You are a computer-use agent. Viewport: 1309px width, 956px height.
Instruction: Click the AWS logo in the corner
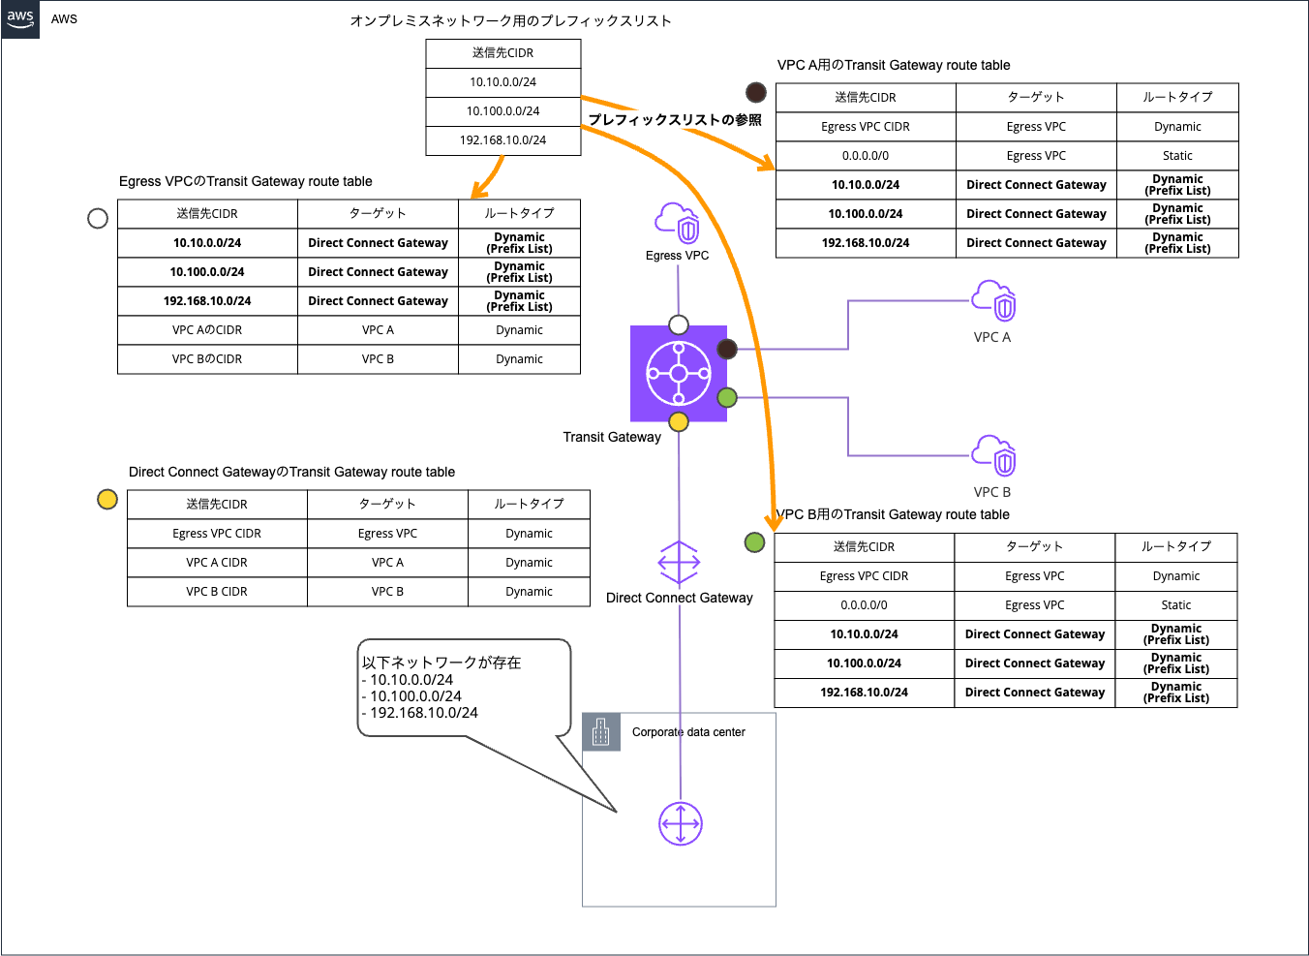point(20,19)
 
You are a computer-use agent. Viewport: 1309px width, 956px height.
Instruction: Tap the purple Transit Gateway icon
point(679,374)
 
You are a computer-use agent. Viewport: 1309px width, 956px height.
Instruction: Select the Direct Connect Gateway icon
point(679,562)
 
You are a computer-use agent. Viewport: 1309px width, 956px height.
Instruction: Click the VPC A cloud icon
point(994,301)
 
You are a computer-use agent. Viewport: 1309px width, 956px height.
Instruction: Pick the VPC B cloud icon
point(994,456)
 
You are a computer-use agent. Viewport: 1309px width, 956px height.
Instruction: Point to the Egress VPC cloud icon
point(677,224)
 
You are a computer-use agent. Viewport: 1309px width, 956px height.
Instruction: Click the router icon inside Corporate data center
point(681,824)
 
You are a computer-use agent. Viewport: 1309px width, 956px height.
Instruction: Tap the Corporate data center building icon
point(601,732)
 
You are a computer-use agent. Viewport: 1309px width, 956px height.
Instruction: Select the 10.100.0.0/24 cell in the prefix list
point(502,111)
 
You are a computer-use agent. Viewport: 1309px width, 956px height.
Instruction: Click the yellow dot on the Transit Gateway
point(679,421)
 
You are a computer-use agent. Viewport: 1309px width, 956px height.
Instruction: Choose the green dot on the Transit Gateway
point(727,397)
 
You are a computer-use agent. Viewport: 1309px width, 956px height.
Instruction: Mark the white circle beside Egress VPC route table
point(98,218)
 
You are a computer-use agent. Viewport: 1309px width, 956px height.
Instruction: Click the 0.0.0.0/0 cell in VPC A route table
point(866,156)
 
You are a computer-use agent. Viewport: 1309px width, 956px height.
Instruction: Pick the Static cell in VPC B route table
point(1175,605)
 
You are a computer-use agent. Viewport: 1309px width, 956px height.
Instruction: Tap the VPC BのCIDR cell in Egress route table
point(207,359)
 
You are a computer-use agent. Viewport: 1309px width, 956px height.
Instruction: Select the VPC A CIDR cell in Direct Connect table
point(217,563)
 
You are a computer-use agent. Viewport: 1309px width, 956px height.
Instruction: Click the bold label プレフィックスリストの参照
point(675,120)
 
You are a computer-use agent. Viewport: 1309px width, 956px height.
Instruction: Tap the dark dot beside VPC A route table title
point(756,93)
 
